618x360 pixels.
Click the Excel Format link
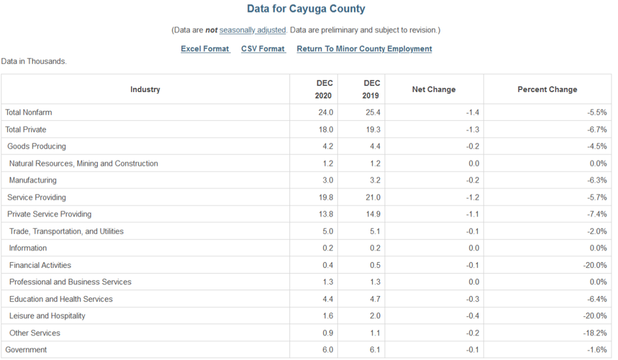205,49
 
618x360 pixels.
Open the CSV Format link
263,49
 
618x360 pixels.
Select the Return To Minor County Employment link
364,49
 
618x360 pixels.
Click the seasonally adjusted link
253,30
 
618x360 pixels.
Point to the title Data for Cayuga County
306,9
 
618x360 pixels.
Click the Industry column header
145,89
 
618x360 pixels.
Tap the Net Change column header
433,89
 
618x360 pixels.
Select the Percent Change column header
547,89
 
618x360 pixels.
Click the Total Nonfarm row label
29,112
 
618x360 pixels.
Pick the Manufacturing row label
33,180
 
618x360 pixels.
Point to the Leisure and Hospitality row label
47,316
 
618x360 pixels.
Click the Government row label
26,350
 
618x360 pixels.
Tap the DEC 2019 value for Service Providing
372,197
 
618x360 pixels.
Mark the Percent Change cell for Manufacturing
597,180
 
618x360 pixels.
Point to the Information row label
28,248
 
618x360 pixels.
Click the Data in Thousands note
34,62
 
